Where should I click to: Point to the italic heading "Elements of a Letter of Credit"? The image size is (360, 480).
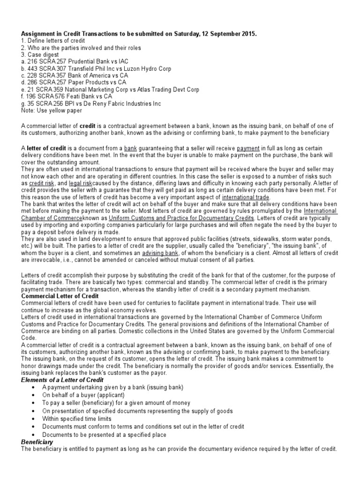coord(62,379)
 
